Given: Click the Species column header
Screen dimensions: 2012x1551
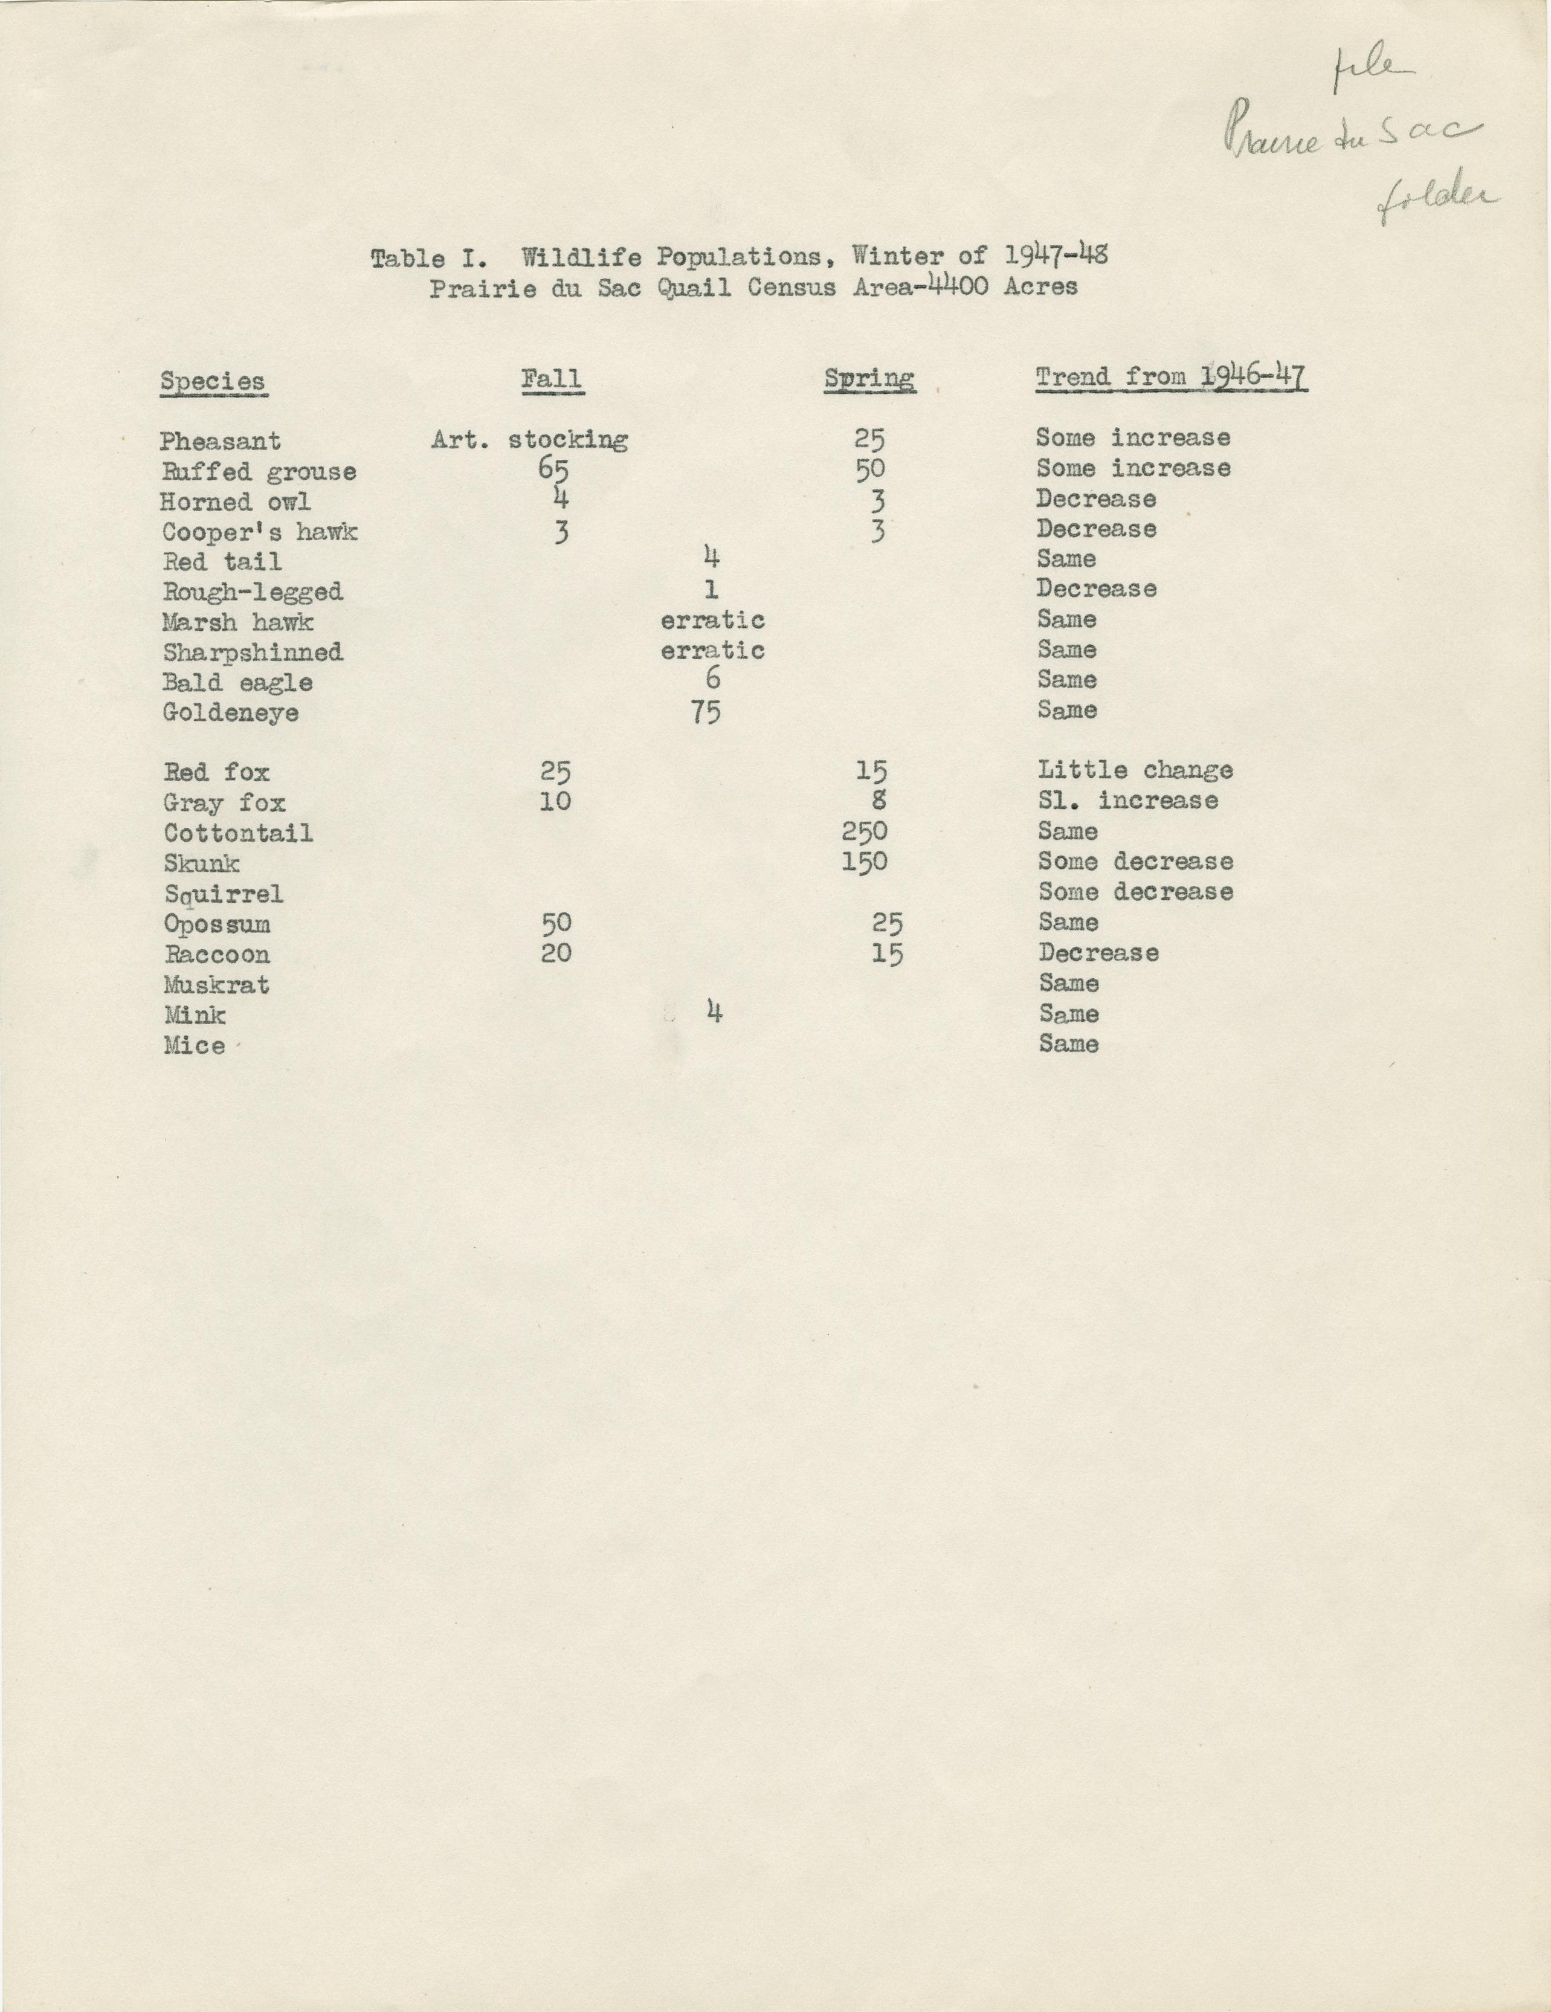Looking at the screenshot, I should pos(213,381).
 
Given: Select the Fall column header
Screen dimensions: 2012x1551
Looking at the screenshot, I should pos(552,379).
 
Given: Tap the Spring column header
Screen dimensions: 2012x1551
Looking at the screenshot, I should pos(869,379).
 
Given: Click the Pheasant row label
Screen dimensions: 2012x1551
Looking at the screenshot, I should pos(220,441).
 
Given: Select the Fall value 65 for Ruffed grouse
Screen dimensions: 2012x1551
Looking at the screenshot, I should pos(553,470).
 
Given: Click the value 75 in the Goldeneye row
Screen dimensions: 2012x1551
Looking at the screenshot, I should pos(706,711).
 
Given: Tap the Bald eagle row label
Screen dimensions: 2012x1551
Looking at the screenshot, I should pos(237,683).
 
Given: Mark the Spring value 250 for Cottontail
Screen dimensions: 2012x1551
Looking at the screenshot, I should pos(865,832).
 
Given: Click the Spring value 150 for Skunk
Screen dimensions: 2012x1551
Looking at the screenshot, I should pos(865,862).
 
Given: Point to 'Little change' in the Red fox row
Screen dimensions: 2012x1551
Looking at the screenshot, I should pos(1135,770).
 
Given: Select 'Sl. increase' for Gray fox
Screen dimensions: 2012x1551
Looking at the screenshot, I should pos(1128,801).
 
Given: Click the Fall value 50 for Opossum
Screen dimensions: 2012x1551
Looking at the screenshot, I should pos(555,923).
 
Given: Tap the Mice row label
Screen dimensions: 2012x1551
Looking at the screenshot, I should pos(195,1046).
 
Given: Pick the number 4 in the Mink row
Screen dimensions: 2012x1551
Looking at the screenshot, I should pos(714,1013).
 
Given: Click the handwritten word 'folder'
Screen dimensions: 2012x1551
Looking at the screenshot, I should pos(1437,202).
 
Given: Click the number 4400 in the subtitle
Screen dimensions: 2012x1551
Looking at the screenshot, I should pos(958,286).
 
